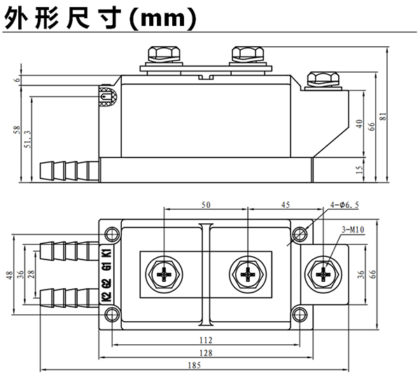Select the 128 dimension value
[206, 353]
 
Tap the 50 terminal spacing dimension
[205, 204]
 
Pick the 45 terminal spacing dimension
[286, 204]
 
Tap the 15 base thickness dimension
[359, 169]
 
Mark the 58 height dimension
[15, 131]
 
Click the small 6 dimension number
[15, 81]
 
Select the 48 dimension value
[10, 275]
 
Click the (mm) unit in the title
[161, 18]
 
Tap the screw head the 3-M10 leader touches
[323, 275]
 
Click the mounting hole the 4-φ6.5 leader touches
[300, 234]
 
